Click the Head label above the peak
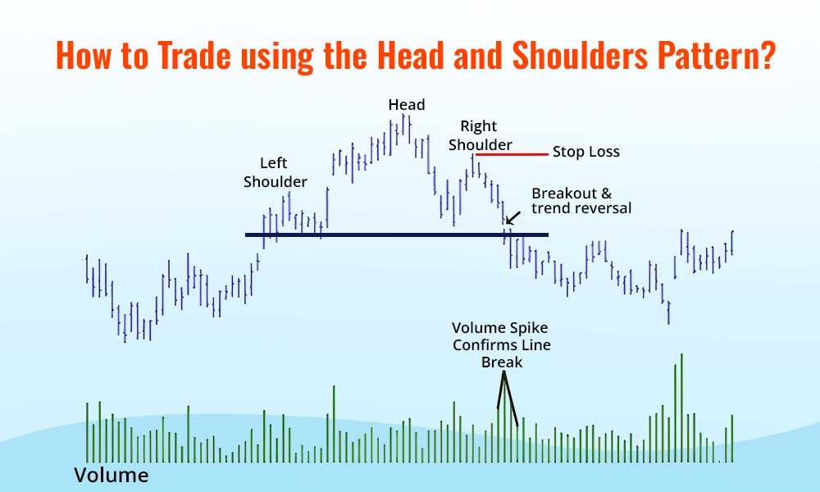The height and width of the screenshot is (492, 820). pos(407,104)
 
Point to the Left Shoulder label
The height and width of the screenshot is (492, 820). pos(276,172)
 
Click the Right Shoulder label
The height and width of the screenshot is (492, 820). pos(485,135)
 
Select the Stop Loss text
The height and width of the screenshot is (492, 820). pos(585,152)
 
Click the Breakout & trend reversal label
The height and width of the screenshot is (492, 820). pos(581,201)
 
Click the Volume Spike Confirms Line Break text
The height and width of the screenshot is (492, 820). pos(501,345)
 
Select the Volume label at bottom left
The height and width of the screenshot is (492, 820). pos(112,475)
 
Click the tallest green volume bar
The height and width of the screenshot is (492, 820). pos(681,408)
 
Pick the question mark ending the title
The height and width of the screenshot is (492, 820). pos(768,57)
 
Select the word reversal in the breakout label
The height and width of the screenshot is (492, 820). pos(604,208)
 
